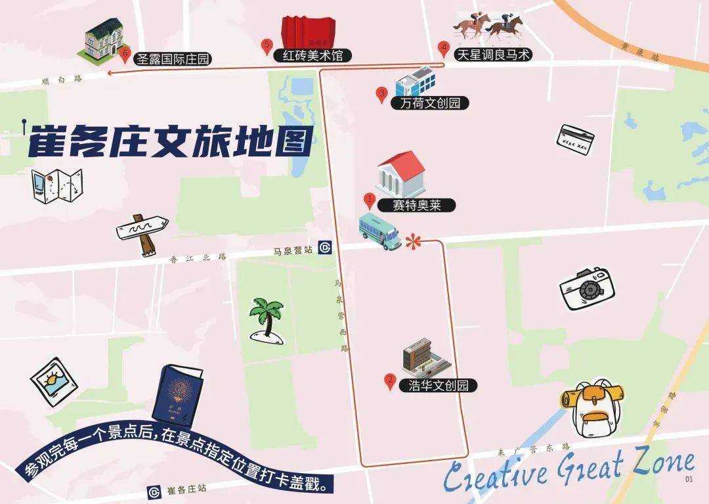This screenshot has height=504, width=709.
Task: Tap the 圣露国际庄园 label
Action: point(174,59)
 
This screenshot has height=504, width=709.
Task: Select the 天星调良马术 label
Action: point(492,55)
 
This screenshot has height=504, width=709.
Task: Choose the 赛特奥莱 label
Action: point(416,205)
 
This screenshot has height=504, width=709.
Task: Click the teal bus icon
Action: point(379,231)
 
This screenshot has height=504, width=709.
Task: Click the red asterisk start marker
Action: point(412,241)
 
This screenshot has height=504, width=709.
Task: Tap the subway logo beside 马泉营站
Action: point(325,248)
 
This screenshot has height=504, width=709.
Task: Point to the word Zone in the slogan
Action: point(656,466)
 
